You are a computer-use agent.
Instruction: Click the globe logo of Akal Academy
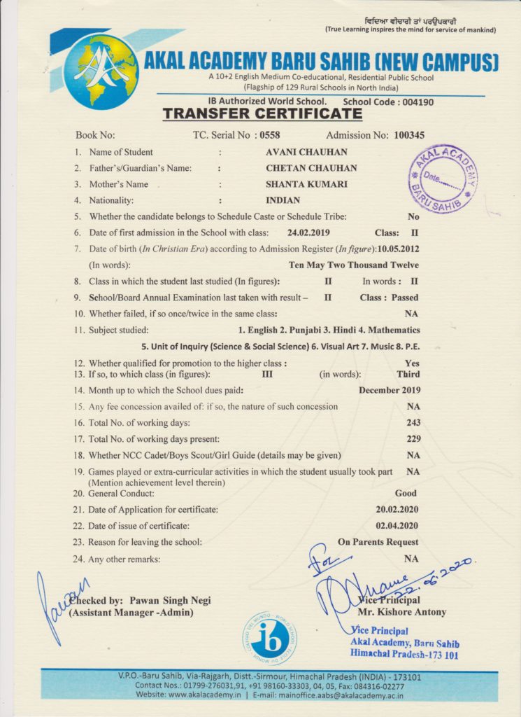click(101, 71)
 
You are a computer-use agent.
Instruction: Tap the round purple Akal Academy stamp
click(442, 179)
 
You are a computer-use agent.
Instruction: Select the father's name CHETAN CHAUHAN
click(311, 168)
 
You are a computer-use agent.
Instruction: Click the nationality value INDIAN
click(283, 201)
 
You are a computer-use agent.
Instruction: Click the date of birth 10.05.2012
click(398, 249)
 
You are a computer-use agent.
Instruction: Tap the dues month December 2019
click(389, 390)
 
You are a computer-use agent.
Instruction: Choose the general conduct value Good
click(406, 493)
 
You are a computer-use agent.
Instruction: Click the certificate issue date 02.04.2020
click(397, 525)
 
